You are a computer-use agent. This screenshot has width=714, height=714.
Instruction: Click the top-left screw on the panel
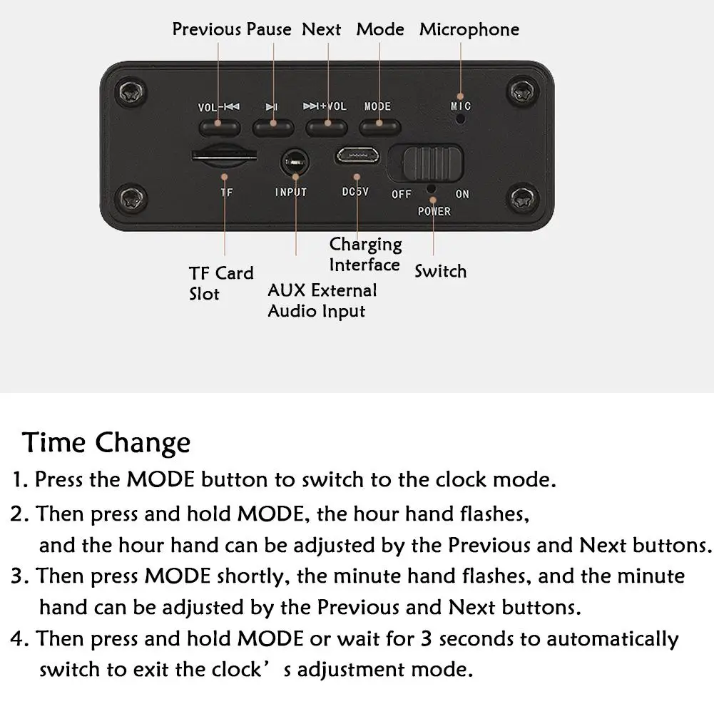point(133,92)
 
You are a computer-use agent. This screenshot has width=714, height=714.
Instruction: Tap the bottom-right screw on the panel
point(522,198)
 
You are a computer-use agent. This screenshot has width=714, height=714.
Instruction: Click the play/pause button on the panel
point(273,128)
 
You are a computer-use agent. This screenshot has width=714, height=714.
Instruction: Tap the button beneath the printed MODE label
point(379,128)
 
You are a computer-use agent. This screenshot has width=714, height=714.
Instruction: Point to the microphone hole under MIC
point(460,119)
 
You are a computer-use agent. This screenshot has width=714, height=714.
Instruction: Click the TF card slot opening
point(224,156)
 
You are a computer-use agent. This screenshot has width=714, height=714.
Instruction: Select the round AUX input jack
point(295,162)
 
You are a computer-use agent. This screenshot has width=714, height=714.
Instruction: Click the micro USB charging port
point(357,155)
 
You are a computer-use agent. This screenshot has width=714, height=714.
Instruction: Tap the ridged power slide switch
point(432,163)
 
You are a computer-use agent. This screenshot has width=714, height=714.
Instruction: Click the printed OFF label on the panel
point(401,194)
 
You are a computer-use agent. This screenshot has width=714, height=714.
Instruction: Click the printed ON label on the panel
point(462,194)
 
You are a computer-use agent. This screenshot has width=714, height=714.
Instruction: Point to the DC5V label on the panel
point(355,192)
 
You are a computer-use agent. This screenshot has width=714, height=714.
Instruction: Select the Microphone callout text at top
point(469,29)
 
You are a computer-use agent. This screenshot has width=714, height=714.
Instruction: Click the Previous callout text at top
point(206,29)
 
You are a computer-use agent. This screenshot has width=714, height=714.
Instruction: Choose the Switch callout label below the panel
point(440,271)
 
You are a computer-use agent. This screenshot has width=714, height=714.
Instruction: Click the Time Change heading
point(106,443)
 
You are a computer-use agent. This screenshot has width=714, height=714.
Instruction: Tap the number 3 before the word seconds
point(427,638)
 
